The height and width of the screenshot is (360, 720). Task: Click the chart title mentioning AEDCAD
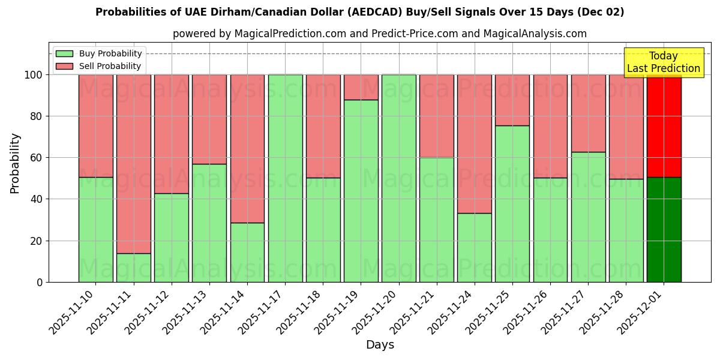(x=359, y=12)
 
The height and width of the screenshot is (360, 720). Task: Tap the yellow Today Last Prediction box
(x=663, y=62)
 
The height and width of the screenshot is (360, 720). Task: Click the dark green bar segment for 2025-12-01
(x=664, y=229)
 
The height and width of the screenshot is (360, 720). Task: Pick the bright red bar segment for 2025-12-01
(x=664, y=126)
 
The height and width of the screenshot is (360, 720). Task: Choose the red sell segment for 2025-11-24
(x=474, y=144)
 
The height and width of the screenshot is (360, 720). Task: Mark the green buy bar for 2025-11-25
(x=512, y=203)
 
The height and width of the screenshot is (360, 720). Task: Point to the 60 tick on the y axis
(x=37, y=158)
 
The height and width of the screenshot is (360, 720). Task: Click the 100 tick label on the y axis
(x=34, y=75)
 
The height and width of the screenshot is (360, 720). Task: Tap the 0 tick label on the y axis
(x=40, y=282)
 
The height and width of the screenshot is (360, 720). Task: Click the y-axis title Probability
(x=15, y=163)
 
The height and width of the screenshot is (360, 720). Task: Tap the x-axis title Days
(x=380, y=345)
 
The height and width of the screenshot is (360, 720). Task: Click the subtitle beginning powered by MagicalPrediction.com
(x=379, y=34)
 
